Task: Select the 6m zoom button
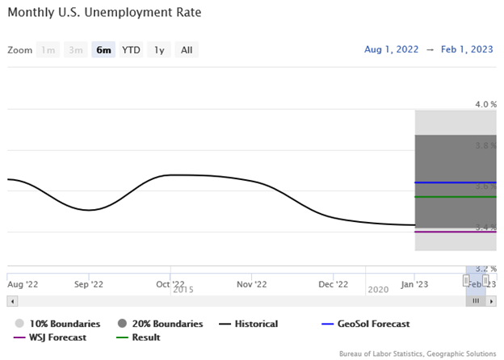pyautogui.click(x=103, y=50)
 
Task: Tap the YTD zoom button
pyautogui.click(x=131, y=50)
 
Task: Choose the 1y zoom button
pyautogui.click(x=159, y=50)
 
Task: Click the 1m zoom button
pyautogui.click(x=48, y=50)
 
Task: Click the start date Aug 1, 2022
pyautogui.click(x=391, y=49)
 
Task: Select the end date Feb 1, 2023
pyautogui.click(x=466, y=49)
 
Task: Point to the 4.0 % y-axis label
pyautogui.click(x=485, y=104)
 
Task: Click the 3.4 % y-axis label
pyautogui.click(x=485, y=227)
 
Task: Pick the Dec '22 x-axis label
pyautogui.click(x=334, y=284)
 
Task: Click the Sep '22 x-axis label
pyautogui.click(x=89, y=284)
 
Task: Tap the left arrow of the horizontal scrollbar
pyautogui.click(x=11, y=300)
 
